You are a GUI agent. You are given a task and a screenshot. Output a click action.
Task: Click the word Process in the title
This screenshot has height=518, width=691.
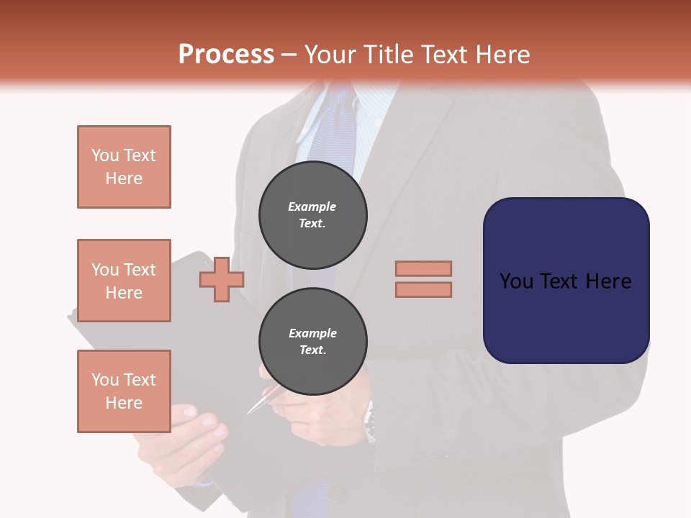coord(226,54)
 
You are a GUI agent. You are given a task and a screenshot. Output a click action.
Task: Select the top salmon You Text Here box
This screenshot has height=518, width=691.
coord(124,167)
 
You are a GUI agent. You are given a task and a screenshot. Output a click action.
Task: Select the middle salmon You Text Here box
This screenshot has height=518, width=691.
coord(124,281)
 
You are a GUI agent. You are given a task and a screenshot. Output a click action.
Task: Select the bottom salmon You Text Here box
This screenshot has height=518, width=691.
coord(124,391)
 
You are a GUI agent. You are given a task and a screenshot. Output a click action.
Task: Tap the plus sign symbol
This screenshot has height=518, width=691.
coord(222,278)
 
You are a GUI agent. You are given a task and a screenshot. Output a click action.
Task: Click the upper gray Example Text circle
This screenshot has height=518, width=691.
coord(312,214)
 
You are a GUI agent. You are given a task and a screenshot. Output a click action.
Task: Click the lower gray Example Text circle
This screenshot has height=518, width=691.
coord(312,341)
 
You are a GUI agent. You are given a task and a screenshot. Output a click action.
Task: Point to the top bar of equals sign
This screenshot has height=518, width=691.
coord(423,268)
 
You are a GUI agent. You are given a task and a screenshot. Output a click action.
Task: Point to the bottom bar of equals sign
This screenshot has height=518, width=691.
coord(423,289)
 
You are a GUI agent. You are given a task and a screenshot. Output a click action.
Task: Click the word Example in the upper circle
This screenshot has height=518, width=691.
coord(312,206)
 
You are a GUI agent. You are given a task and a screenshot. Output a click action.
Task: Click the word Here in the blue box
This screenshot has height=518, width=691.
coord(608,281)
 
